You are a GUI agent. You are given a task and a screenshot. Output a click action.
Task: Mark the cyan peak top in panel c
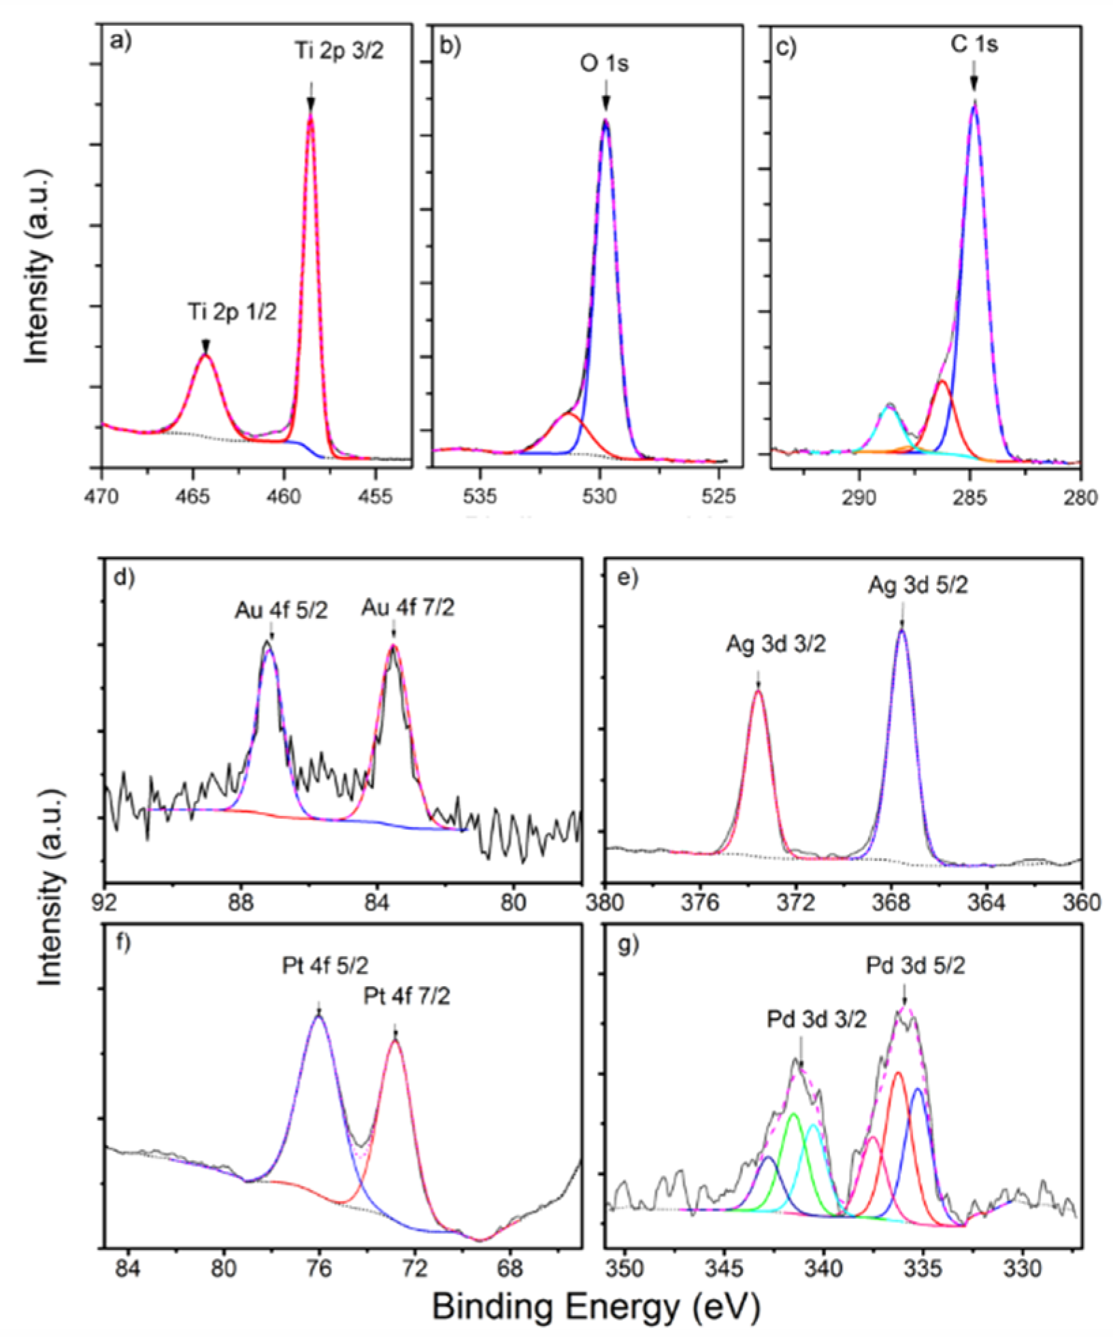889,406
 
